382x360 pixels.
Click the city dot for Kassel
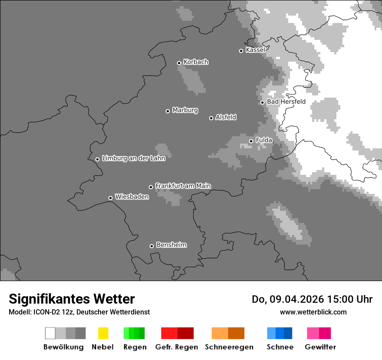(x=241, y=51)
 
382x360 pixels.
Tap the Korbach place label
(x=196, y=62)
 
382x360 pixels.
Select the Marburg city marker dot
(x=168, y=111)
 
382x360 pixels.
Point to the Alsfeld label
(x=226, y=117)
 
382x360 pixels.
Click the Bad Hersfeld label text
(x=286, y=102)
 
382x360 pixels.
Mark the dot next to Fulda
(x=251, y=141)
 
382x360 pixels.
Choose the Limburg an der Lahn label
(x=134, y=158)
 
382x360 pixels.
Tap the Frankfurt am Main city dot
(x=151, y=187)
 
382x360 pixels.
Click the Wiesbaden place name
(x=132, y=197)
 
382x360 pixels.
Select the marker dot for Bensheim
(x=152, y=246)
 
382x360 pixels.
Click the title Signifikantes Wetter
(x=72, y=299)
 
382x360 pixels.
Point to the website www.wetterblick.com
(x=313, y=312)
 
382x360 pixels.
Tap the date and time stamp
(x=312, y=299)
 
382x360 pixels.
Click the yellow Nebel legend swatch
(x=103, y=333)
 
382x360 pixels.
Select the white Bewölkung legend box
(x=50, y=333)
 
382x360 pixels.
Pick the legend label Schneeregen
(x=229, y=347)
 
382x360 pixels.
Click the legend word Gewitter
(x=320, y=347)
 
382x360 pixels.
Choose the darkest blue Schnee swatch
(x=288, y=333)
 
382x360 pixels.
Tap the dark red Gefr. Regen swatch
(x=186, y=333)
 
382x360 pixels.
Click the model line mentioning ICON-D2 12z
(x=79, y=312)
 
